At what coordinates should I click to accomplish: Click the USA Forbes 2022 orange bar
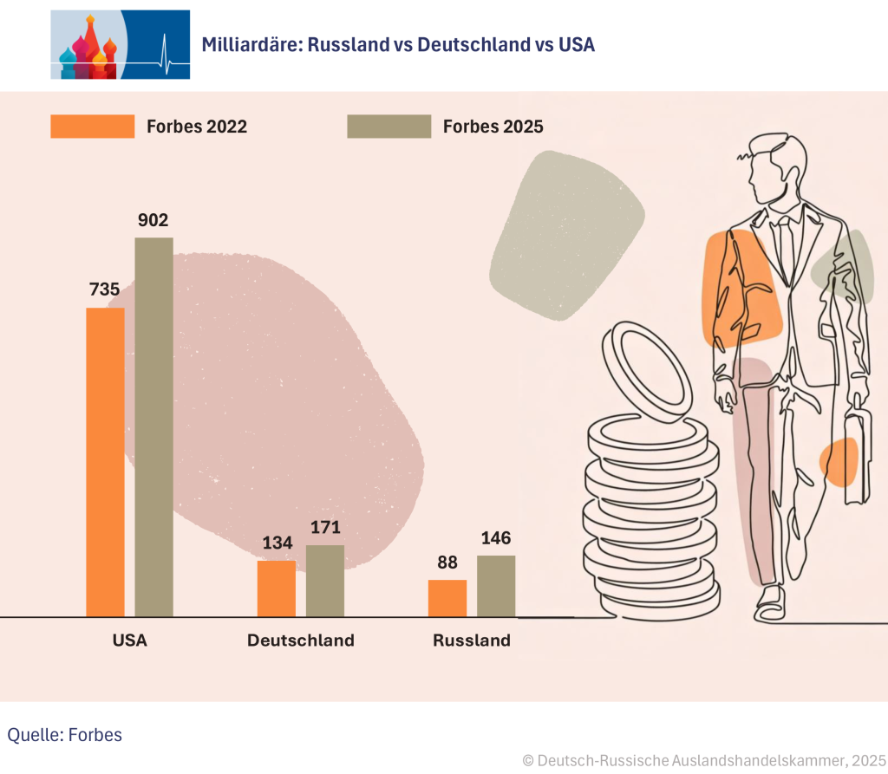click(105, 462)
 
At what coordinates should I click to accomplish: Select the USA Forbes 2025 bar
click(153, 426)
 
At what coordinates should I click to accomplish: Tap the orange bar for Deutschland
click(277, 589)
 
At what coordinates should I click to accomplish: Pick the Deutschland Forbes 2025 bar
click(325, 581)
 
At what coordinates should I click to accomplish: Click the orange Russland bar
click(447, 598)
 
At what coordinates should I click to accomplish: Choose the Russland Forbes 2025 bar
click(496, 586)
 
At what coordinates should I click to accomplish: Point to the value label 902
click(153, 220)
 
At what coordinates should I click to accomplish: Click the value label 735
click(104, 290)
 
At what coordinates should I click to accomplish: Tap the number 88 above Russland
click(447, 563)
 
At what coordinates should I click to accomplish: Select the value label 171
click(325, 527)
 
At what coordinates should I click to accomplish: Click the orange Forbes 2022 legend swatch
click(93, 127)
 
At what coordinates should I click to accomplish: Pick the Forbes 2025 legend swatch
click(388, 127)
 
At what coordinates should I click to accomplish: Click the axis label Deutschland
click(301, 641)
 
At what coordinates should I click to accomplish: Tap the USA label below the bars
click(129, 641)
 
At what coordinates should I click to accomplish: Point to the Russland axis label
click(472, 641)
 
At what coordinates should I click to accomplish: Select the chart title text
click(398, 45)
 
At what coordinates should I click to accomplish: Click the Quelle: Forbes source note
click(65, 735)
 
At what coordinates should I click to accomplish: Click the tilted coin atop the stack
click(647, 369)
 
